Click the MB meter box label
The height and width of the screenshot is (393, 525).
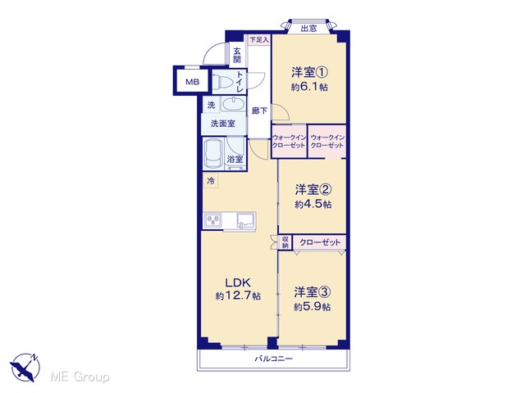point(192,82)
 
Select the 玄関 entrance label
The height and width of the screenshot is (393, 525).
point(237,56)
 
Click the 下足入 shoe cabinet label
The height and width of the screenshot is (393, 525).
point(259,40)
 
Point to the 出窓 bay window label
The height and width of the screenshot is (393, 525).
point(308,28)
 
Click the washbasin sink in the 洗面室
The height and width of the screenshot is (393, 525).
point(233,104)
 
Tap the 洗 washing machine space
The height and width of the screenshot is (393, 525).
point(211,105)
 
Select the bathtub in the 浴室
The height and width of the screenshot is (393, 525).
point(213,155)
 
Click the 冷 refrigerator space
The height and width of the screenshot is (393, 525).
point(211,181)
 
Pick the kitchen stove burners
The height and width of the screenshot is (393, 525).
point(213,220)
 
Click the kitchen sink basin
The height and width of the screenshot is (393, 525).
point(246,220)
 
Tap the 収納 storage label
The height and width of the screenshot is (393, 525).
point(285,242)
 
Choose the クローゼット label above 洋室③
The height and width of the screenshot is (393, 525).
point(320,242)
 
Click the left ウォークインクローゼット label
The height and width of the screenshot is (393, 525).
point(289,142)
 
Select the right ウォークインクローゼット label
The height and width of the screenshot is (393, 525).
point(327,142)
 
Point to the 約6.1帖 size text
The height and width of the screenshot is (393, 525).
point(309,88)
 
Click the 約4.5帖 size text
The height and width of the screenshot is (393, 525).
point(313,204)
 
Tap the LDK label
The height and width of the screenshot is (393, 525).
point(238,282)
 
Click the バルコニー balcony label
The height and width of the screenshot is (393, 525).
point(274,359)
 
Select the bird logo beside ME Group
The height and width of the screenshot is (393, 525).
point(25,368)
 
